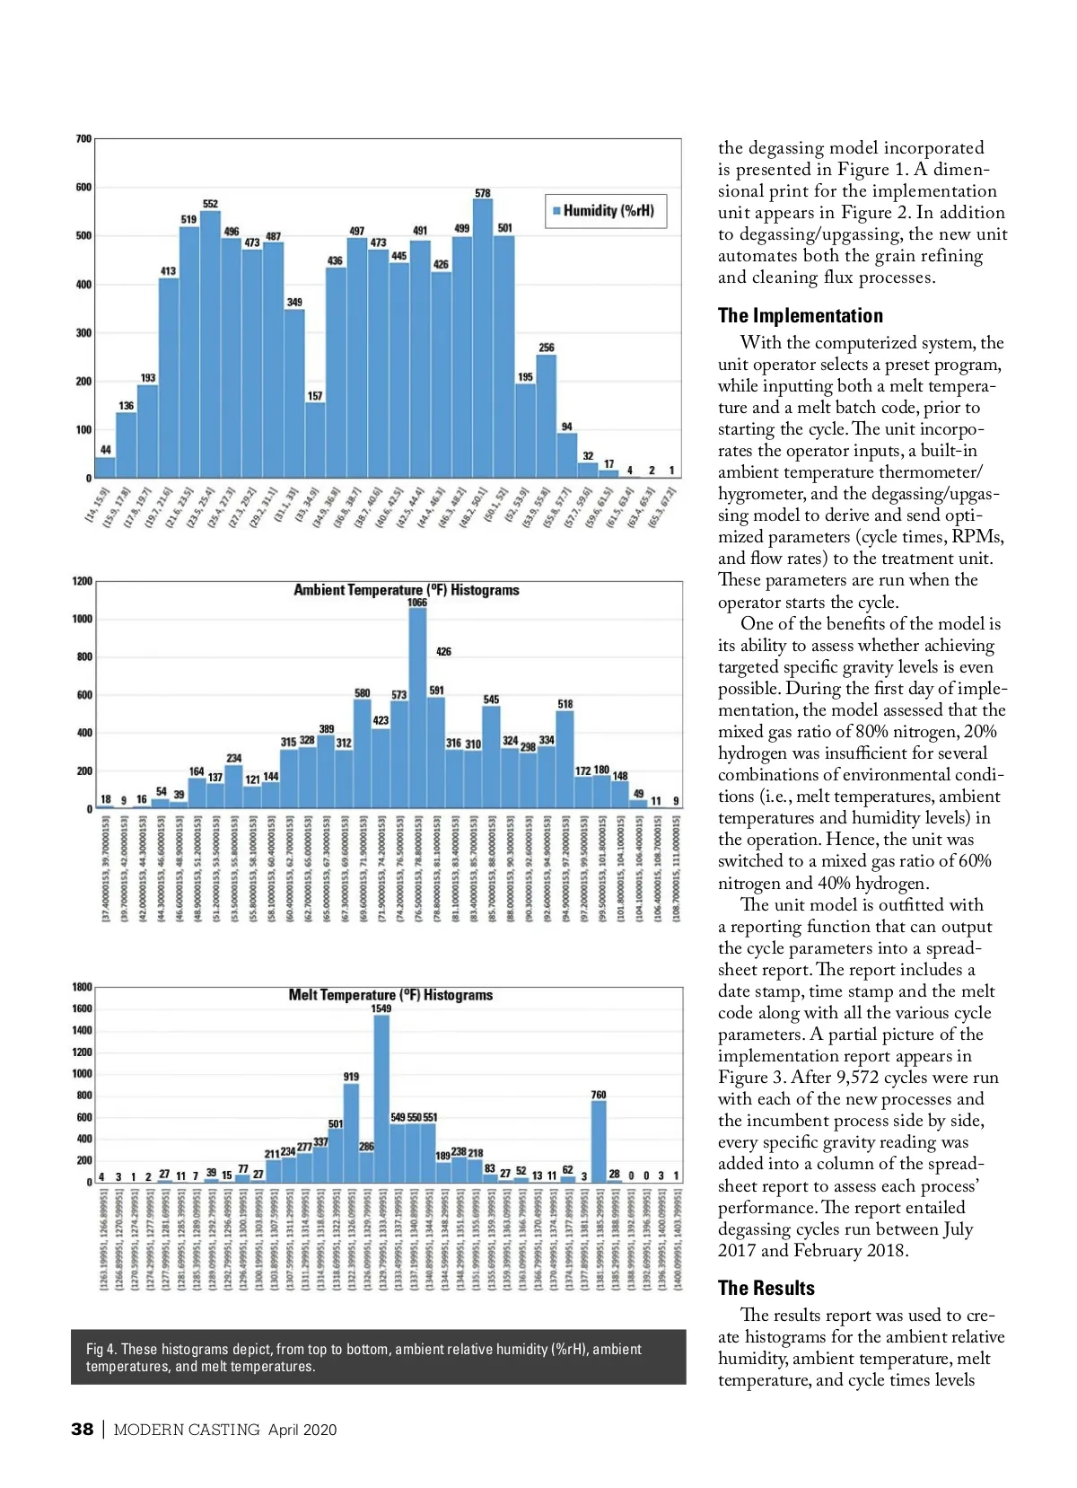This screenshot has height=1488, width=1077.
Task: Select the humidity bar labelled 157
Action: [315, 440]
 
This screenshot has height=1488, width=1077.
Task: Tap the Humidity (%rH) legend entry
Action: [607, 211]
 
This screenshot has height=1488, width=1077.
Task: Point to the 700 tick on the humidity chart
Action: [83, 139]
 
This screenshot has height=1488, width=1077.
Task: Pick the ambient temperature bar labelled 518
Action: [565, 760]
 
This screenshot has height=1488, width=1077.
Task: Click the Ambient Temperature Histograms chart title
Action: [407, 590]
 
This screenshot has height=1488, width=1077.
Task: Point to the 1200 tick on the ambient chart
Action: [83, 581]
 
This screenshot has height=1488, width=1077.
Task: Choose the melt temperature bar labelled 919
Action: [351, 1132]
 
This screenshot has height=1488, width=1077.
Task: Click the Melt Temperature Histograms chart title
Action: [390, 995]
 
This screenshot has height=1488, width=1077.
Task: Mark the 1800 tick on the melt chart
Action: [83, 987]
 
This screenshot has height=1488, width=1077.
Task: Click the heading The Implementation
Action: [800, 315]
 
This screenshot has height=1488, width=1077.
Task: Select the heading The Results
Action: [766, 1288]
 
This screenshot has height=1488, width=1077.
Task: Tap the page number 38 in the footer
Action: [82, 1430]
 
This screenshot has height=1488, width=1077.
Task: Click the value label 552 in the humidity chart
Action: [210, 204]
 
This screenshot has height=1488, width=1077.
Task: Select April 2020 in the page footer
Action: [302, 1430]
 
